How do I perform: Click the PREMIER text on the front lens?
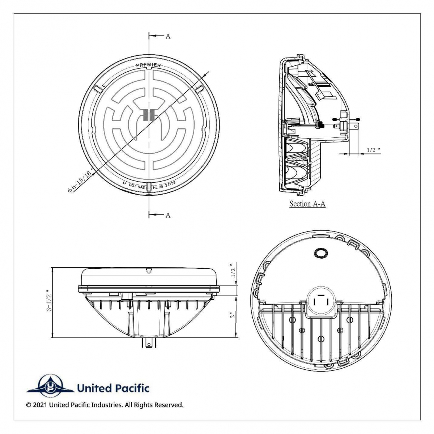[x=148, y=65]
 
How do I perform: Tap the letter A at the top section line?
[x=168, y=36]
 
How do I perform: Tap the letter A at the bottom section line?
[x=168, y=215]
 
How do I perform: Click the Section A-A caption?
[x=307, y=204]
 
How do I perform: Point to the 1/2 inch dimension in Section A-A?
[x=374, y=150]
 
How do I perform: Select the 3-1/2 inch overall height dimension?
[x=49, y=301]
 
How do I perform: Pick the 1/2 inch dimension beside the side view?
[x=233, y=271]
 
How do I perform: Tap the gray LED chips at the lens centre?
[x=149, y=114]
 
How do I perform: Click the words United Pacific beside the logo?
[x=113, y=388]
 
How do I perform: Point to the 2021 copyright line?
[x=105, y=405]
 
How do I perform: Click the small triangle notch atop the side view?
[x=149, y=270]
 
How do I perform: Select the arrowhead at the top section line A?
[x=152, y=36]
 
